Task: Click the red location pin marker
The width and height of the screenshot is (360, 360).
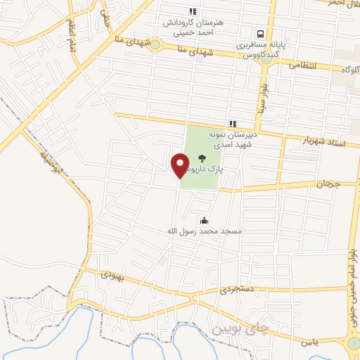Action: coord(180,165)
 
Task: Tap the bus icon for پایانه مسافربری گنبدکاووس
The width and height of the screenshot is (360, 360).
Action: coord(261,33)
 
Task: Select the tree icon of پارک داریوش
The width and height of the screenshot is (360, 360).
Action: coord(202,158)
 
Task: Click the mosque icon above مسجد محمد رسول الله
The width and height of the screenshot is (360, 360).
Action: coord(204,220)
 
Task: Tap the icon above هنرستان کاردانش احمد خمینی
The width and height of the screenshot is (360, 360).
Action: coord(193,11)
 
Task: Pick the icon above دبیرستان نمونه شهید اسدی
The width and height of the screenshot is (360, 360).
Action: coord(233,124)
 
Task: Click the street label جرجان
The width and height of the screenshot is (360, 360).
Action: coord(327,183)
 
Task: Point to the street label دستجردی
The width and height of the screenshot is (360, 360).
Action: coord(234,288)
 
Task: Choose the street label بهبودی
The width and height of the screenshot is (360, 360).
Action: coord(112,276)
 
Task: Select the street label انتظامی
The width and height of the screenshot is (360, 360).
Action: coord(304,65)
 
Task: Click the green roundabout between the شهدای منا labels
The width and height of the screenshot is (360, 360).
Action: coord(155,46)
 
